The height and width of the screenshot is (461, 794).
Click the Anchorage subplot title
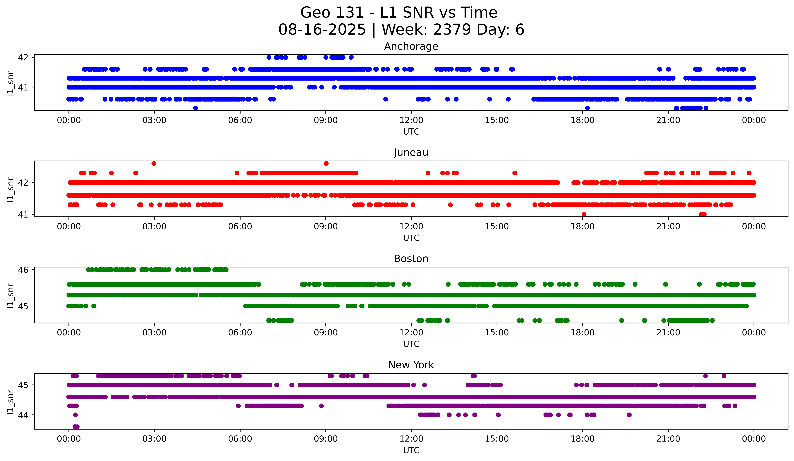tap(411, 46)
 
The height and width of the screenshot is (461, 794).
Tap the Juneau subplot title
tap(411, 152)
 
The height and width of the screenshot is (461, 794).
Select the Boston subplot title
tap(411, 259)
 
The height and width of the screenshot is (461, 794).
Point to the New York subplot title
tap(411, 365)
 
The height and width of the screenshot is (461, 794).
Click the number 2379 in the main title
tap(452, 30)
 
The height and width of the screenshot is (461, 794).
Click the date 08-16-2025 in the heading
tap(322, 30)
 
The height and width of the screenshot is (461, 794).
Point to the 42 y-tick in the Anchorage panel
tap(23, 57)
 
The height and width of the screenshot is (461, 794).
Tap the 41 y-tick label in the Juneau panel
tap(23, 215)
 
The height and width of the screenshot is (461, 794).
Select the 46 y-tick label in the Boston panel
tap(23, 270)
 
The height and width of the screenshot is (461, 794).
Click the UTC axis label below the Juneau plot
tap(411, 238)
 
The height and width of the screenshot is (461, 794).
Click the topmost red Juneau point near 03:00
tap(154, 163)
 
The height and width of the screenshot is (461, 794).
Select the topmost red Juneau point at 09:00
tap(326, 163)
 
